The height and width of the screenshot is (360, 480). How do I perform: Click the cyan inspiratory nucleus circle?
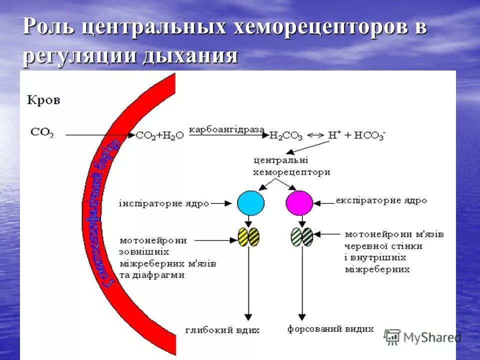(250, 203)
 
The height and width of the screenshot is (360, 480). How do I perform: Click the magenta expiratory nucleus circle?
(299, 203)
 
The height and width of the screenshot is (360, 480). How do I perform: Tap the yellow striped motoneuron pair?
(248, 236)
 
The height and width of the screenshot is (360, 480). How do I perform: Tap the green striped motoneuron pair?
(301, 236)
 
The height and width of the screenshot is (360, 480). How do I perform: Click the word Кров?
(43, 100)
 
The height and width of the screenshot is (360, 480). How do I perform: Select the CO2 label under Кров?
(42, 132)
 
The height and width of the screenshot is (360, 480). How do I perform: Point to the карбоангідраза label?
(226, 129)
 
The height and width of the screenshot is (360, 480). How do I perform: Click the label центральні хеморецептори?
(292, 166)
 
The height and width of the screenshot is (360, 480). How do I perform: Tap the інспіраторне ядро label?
(163, 203)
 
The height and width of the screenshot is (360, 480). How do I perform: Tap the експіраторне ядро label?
(381, 200)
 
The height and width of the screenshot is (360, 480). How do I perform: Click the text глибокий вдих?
(222, 330)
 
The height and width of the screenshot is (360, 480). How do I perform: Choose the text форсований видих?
(330, 329)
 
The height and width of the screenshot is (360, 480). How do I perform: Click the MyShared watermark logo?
(422, 337)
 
